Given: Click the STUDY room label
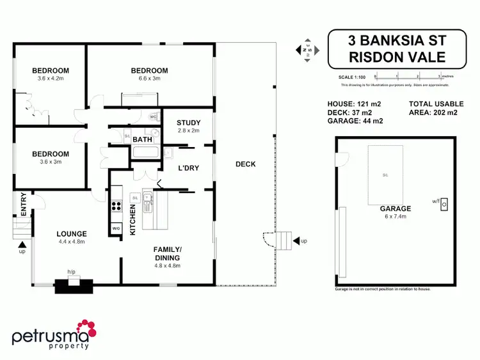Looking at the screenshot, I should pos(189,123).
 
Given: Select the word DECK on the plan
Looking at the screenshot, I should pos(245,164).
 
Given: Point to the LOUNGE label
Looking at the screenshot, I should pos(71,233).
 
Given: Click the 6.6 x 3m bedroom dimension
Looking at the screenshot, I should pos(149,79).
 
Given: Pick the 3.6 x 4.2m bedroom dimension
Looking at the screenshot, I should pos(51,79).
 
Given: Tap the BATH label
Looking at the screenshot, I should pos(142,139).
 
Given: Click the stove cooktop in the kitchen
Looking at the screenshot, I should pos(116,206).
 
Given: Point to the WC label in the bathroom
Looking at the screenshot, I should pos(154,118).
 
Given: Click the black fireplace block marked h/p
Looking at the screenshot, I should pos(73,286).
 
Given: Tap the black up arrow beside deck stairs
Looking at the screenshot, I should pos(296,240).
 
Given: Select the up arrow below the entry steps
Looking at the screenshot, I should pos(23,244).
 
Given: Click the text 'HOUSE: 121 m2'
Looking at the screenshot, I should pos(354,104).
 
